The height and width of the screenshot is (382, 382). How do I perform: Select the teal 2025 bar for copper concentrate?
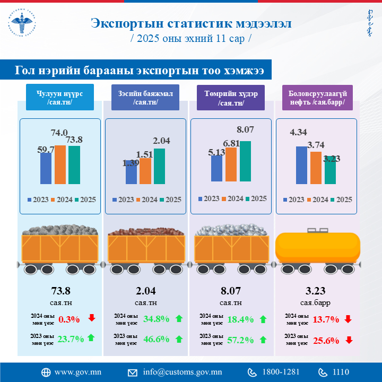159,166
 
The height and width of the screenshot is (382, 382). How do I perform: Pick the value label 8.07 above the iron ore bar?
246,129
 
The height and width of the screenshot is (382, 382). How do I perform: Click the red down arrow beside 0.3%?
92,318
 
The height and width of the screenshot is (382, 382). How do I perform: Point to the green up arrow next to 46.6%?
179,339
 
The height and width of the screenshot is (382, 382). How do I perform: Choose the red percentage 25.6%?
326,340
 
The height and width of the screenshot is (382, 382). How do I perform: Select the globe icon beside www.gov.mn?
46,372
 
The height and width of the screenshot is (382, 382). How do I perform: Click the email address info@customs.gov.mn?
182,372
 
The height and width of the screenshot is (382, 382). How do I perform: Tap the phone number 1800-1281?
281,372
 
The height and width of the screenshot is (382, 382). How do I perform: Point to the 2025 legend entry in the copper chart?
170,199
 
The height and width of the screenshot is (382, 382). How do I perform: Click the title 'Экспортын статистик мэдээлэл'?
190,23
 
